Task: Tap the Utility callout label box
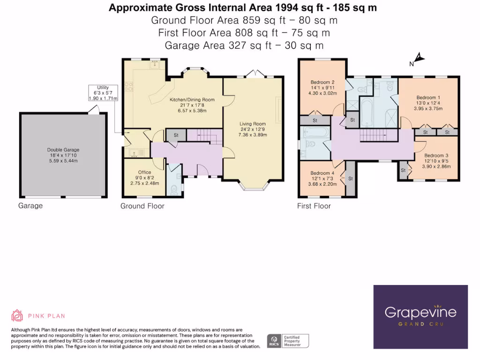click(x=103, y=92)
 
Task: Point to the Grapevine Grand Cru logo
click(x=420, y=316)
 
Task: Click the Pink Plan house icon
click(x=17, y=315)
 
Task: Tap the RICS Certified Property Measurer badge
click(x=288, y=341)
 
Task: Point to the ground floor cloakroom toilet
click(x=175, y=188)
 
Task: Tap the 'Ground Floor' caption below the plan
click(x=142, y=206)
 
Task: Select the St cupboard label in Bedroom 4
click(x=350, y=178)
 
